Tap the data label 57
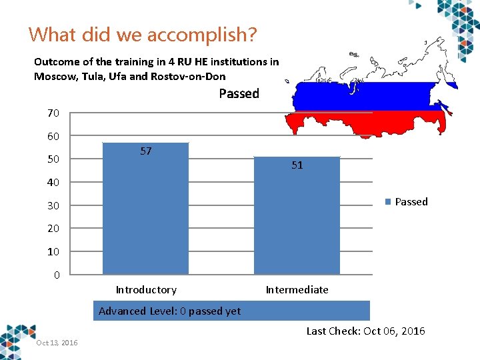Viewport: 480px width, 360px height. point(146,151)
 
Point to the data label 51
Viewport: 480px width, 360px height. point(297,165)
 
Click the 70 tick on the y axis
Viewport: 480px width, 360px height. point(53,113)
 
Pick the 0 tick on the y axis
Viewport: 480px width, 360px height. point(57,275)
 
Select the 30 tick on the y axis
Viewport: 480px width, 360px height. point(53,206)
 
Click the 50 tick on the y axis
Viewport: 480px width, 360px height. point(53,159)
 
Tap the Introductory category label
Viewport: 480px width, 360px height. point(146,290)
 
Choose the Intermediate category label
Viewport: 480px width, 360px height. point(297,290)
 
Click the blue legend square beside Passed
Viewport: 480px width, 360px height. point(387,202)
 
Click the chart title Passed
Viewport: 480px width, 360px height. point(239,94)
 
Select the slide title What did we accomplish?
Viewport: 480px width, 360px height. point(143,34)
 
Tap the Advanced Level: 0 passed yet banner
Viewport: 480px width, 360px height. point(231,311)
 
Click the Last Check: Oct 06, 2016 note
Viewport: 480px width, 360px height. point(365,331)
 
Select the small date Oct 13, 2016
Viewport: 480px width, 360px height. point(57,343)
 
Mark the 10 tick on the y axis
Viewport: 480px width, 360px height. point(53,252)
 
